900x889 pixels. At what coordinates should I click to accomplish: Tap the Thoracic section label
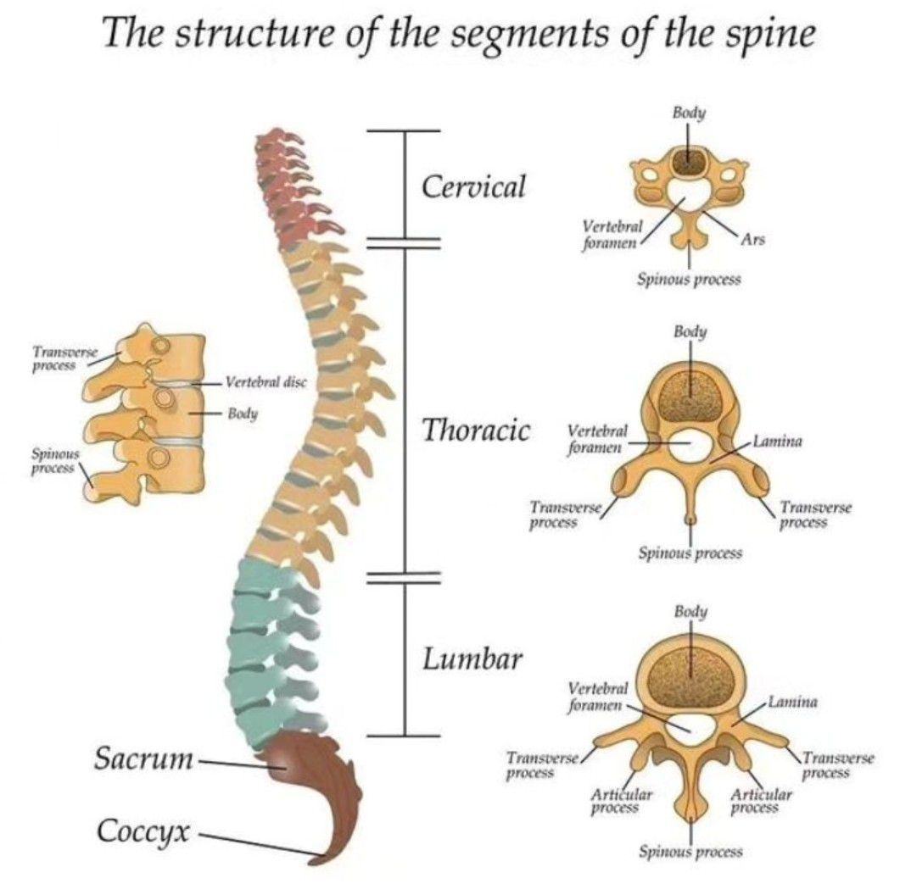click(476, 431)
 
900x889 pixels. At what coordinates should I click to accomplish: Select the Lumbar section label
click(472, 658)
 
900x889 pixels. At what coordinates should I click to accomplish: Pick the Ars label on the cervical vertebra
click(752, 240)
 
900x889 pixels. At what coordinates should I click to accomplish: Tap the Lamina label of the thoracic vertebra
click(778, 442)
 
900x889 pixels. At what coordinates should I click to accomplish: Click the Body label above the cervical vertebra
click(690, 113)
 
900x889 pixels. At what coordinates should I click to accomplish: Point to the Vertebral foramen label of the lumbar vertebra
click(597, 696)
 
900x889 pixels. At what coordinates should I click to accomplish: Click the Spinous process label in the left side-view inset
click(53, 463)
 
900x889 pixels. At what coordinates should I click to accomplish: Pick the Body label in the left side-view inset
click(243, 414)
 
